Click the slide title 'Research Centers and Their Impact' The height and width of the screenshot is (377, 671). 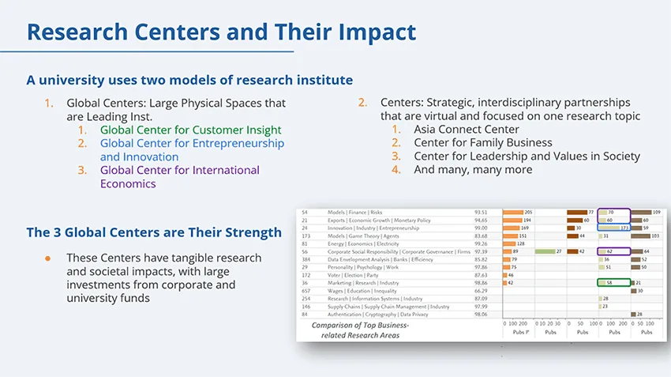pyautogui.click(x=221, y=32)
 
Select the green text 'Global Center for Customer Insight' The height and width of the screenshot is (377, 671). pyautogui.click(x=190, y=130)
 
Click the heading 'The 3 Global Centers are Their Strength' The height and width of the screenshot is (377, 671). pyautogui.click(x=154, y=232)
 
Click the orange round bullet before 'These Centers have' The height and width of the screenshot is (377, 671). pyautogui.click(x=47, y=258)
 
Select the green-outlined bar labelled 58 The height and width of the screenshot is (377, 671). pyautogui.click(x=613, y=282)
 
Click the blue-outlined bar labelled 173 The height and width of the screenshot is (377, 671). pyautogui.click(x=613, y=228)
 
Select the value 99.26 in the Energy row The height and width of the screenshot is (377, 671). pyautogui.click(x=481, y=243)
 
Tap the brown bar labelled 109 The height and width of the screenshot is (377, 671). pyautogui.click(x=641, y=213)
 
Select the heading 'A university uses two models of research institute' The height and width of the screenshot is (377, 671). pyautogui.click(x=189, y=80)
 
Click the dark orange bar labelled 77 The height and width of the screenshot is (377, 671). pyautogui.click(x=576, y=213)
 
